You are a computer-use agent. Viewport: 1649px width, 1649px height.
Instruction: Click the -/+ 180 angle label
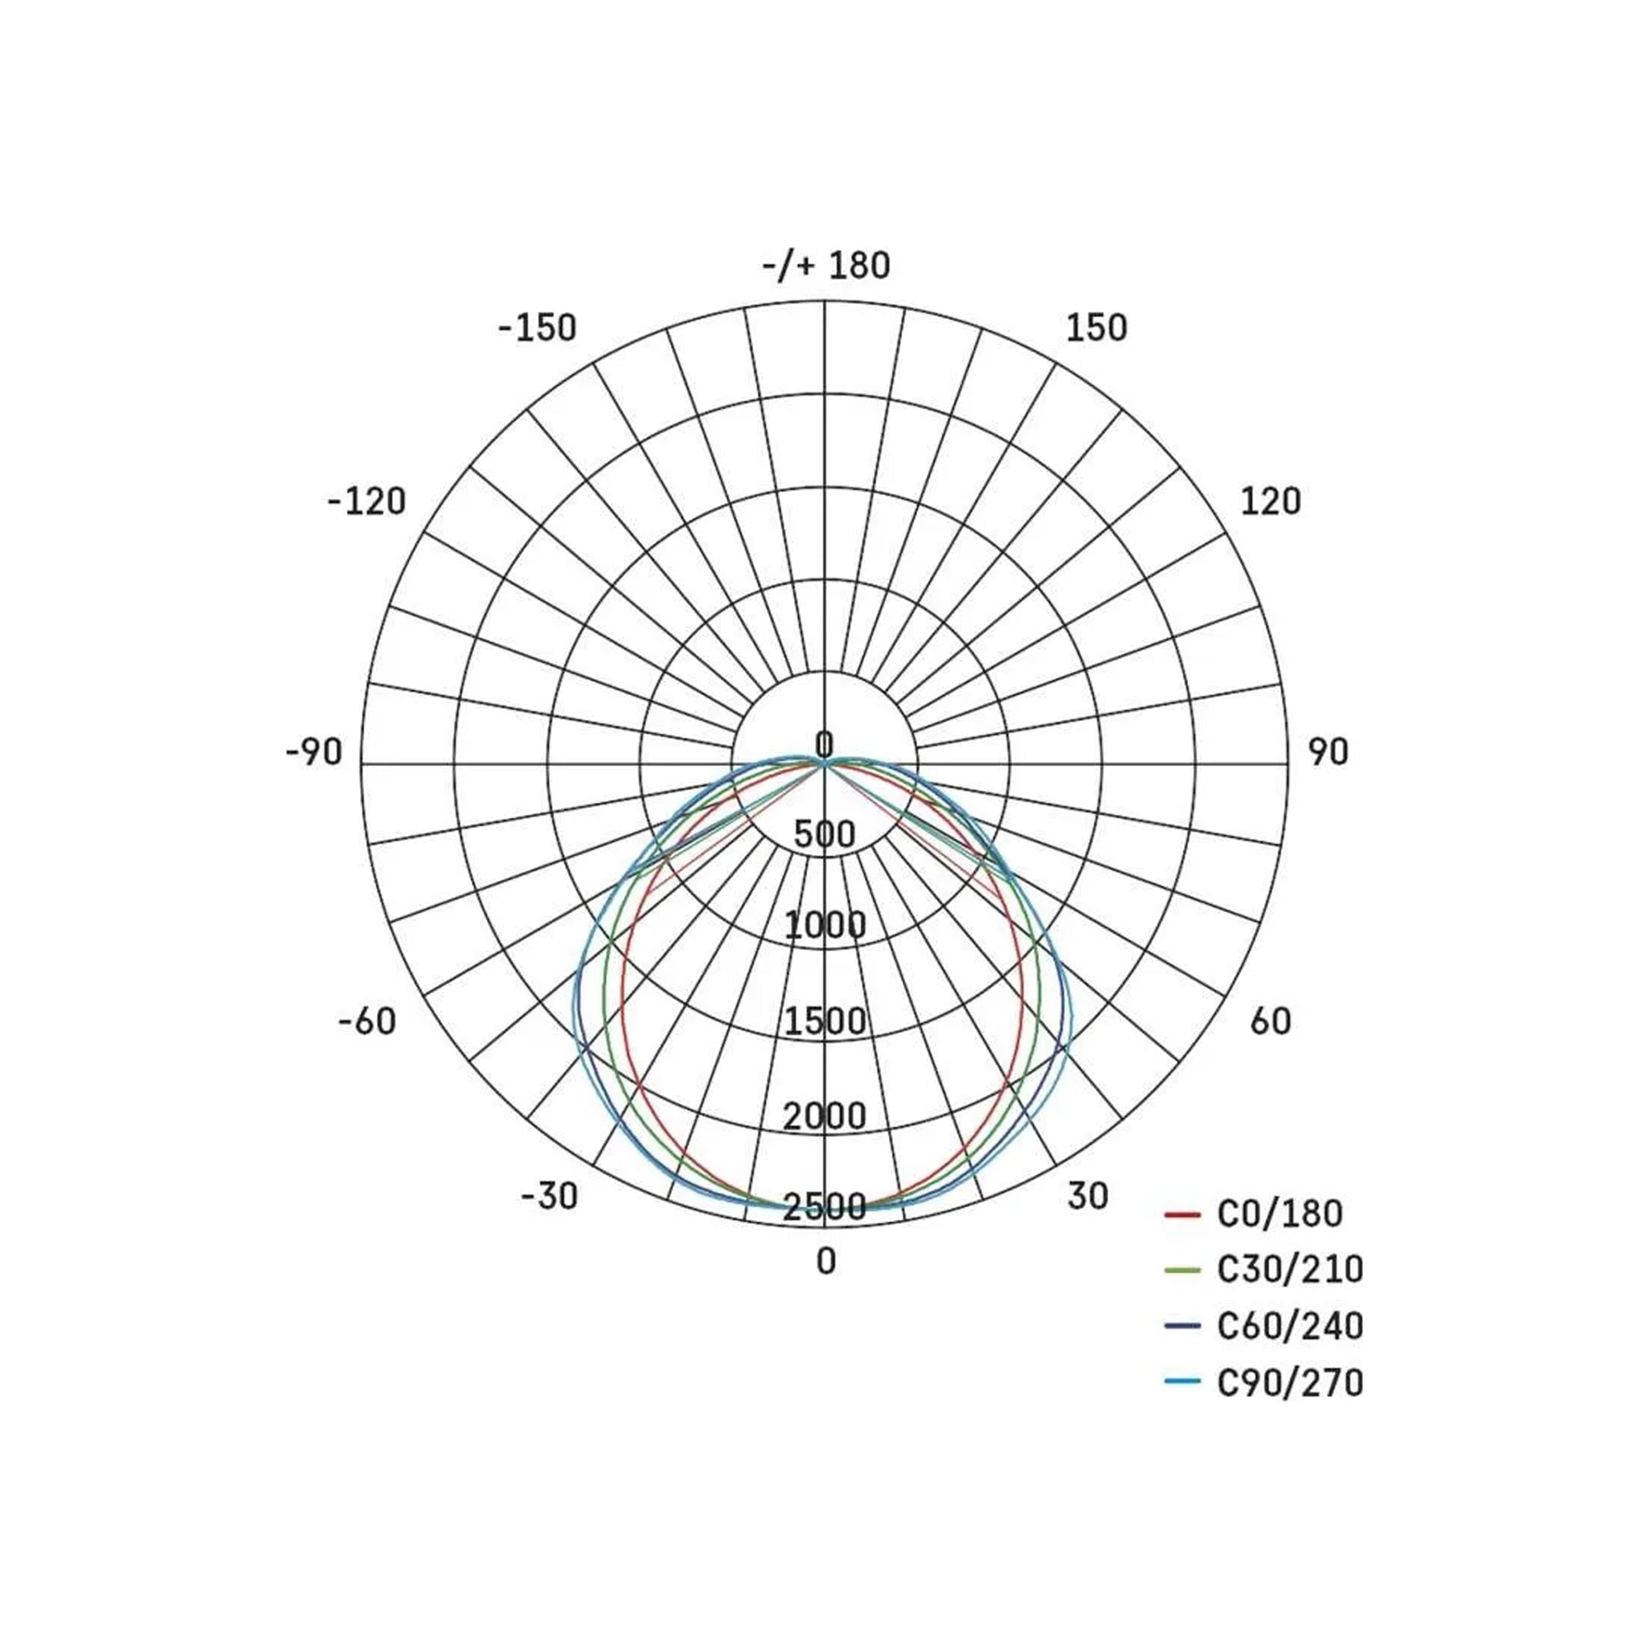pyautogui.click(x=825, y=265)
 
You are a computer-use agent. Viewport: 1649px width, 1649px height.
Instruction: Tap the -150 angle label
pyautogui.click(x=538, y=328)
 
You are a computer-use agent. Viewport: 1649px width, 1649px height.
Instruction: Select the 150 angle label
pyautogui.click(x=1097, y=328)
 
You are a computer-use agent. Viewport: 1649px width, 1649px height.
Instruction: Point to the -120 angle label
pyautogui.click(x=367, y=502)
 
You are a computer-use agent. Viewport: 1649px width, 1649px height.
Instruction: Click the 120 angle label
pyautogui.click(x=1270, y=502)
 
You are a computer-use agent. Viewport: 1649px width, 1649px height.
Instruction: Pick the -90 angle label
pyautogui.click(x=314, y=753)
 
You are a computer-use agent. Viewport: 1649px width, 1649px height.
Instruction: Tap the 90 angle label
pyautogui.click(x=1328, y=753)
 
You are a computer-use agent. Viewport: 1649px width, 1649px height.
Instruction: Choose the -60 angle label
pyautogui.click(x=368, y=1022)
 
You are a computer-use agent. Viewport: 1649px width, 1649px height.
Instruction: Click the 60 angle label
pyautogui.click(x=1270, y=1022)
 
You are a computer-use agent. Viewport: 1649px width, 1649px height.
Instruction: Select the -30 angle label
pyautogui.click(x=550, y=1196)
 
